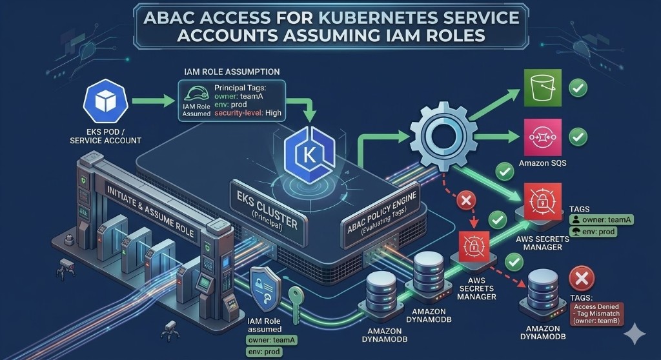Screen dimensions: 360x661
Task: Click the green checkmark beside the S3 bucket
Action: [578, 88]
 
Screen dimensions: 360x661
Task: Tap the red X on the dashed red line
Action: [464, 201]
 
